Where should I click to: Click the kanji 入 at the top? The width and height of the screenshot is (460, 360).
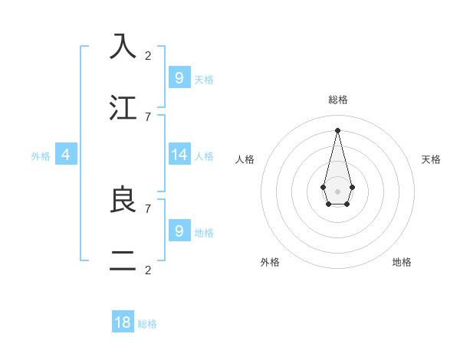[123, 46]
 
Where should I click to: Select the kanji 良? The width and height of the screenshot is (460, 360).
[123, 200]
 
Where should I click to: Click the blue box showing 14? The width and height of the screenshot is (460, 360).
[179, 155]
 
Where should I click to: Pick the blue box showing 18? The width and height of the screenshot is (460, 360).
[123, 322]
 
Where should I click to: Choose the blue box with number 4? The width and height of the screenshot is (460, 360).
[66, 155]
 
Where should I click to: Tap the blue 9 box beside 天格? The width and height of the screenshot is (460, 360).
[179, 78]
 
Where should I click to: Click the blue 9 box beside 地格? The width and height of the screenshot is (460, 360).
[179, 231]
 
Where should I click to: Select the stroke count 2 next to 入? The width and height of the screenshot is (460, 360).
[148, 55]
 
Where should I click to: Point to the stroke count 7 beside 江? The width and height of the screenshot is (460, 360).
[148, 116]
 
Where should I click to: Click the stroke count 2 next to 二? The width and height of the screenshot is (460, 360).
[148, 270]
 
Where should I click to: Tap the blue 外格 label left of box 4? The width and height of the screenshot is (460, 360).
[41, 155]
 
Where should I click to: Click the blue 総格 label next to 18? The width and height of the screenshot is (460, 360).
[147, 324]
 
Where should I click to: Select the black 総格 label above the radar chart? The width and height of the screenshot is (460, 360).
[337, 100]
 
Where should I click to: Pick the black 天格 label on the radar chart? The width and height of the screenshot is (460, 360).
[431, 159]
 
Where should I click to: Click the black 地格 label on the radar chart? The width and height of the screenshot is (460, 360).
[402, 262]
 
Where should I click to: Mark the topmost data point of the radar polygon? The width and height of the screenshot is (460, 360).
[337, 129]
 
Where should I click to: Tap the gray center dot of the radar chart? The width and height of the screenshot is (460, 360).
[337, 191]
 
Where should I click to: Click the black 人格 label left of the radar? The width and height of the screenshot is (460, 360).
[245, 159]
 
